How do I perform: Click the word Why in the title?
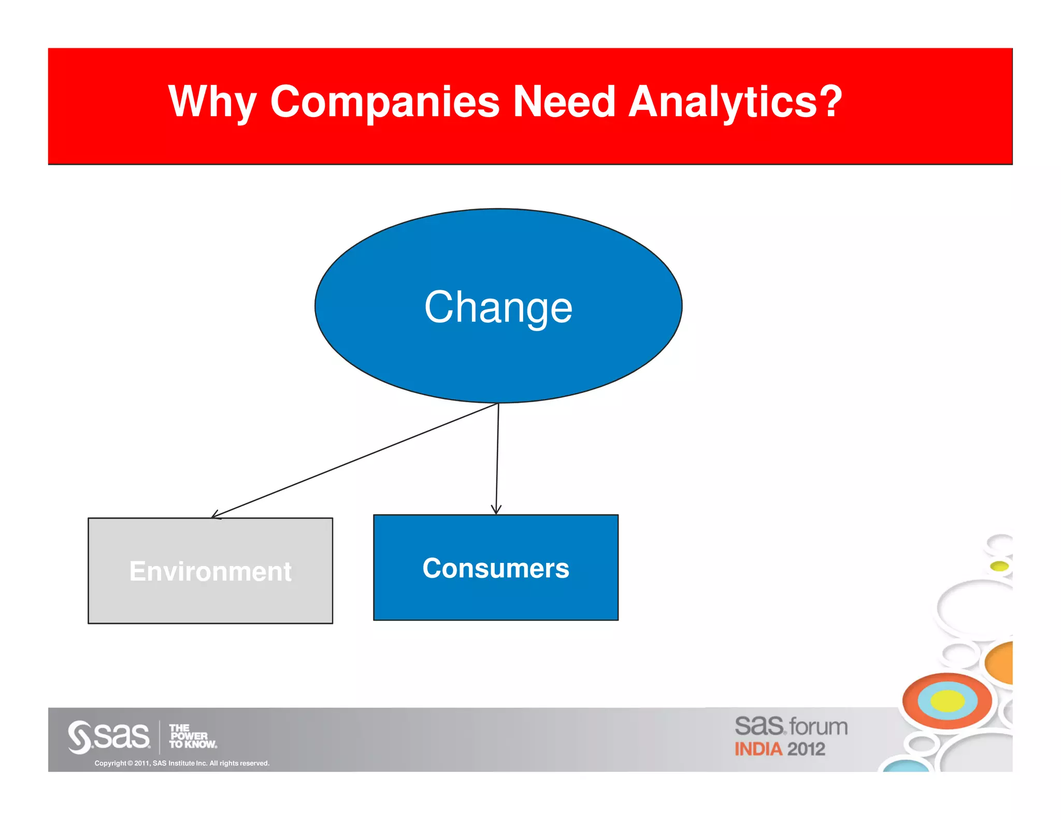pyautogui.click(x=212, y=103)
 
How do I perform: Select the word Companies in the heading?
pyautogui.click(x=384, y=102)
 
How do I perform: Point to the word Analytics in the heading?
pyautogui.click(x=723, y=103)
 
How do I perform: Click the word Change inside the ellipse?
pyautogui.click(x=498, y=307)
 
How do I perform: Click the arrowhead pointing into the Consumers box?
pyautogui.click(x=496, y=510)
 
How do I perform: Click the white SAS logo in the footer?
pyautogui.click(x=109, y=736)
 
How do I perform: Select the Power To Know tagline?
pyautogui.click(x=192, y=736)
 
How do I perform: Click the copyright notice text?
pyautogui.click(x=182, y=763)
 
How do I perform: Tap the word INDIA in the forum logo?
pyautogui.click(x=758, y=749)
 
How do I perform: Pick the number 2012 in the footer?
pyautogui.click(x=806, y=749)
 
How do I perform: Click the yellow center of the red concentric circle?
pyautogui.click(x=947, y=701)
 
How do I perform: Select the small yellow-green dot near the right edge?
pyautogui.click(x=999, y=565)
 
